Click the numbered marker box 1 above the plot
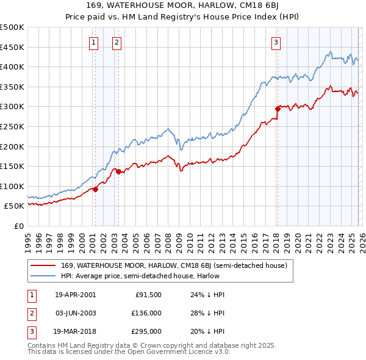pos(94,42)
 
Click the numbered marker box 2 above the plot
pos(117,42)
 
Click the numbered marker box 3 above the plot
pos(276,42)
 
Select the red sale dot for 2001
pos(96,190)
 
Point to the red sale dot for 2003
pos(118,172)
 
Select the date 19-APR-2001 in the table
pos(75,295)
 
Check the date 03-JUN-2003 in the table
pos(75,313)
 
